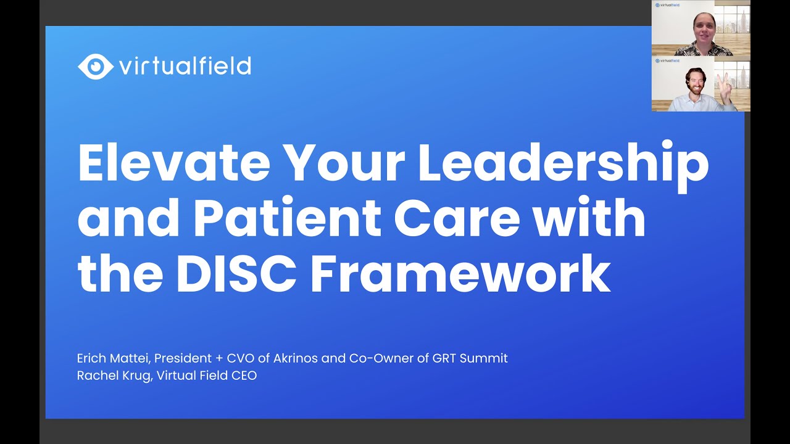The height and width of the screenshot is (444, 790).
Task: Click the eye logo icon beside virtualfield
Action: point(95,67)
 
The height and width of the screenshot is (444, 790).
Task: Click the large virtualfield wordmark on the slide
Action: point(185,65)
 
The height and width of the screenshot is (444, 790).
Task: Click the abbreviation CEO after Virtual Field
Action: point(243,376)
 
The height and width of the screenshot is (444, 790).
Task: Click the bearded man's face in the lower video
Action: point(694,81)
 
